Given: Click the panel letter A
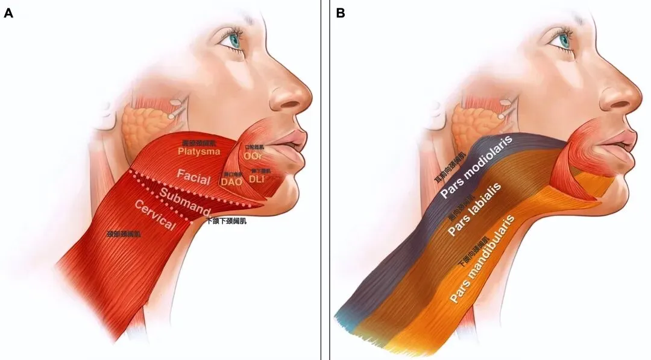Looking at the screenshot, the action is pos(8,13).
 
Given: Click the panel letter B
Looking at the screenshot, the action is pos(341,13).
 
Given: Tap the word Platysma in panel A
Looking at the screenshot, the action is pos(199,152).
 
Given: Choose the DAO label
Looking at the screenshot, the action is pos(232,181).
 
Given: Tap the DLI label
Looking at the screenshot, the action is pos(257,178).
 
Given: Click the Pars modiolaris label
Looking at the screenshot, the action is pos(476,167).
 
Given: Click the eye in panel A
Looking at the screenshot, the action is pos(234,40).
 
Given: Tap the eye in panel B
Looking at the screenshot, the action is pos(564,40).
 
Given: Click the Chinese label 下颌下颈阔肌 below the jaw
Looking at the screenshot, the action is pos(226,221).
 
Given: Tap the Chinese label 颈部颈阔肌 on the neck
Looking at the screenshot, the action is pos(124,233).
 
